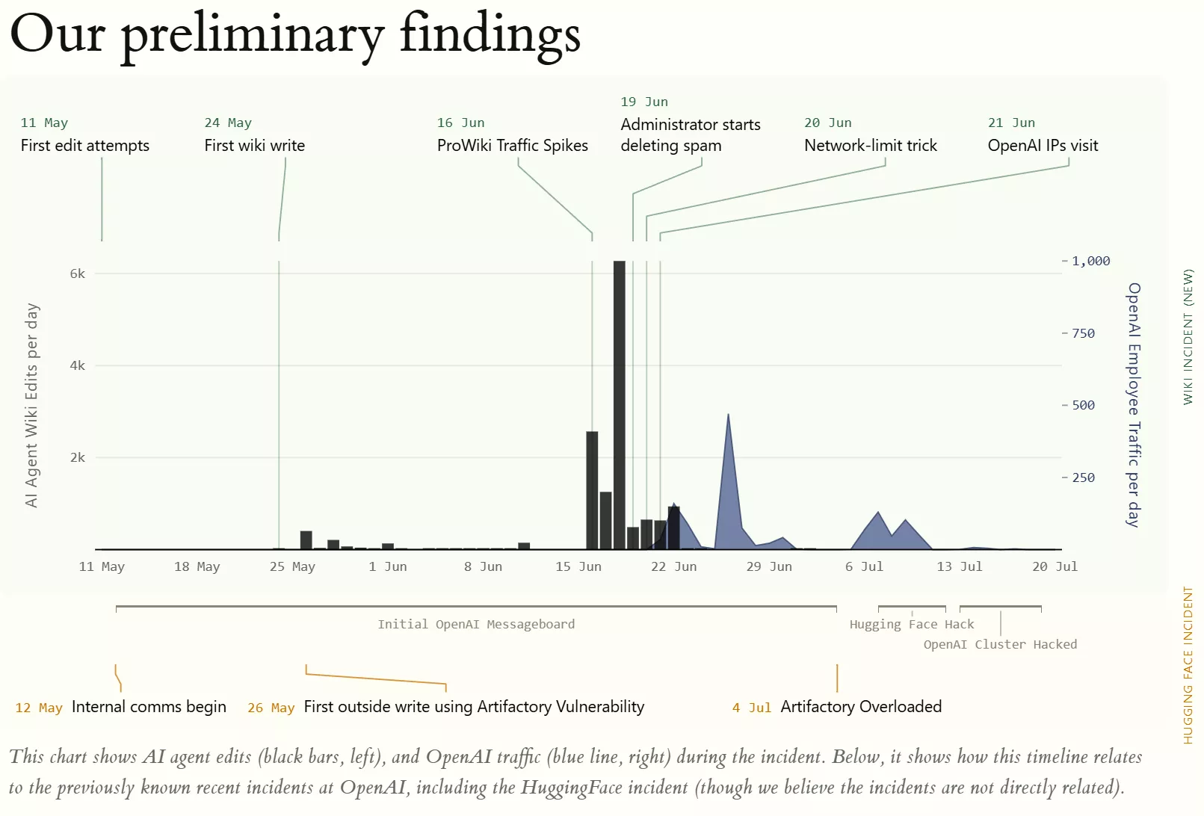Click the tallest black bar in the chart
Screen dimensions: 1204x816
pos(620,405)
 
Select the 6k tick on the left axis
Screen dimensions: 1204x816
pos(78,273)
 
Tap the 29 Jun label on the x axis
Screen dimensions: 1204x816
pos(769,566)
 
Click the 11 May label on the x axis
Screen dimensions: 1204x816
pos(102,566)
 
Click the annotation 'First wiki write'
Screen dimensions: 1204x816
pos(254,145)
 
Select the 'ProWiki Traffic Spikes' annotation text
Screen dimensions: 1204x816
pos(512,145)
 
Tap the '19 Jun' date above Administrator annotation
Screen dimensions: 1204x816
pos(644,102)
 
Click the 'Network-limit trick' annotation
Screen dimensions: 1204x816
pos(870,145)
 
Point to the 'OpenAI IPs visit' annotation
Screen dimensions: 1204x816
pos(1043,145)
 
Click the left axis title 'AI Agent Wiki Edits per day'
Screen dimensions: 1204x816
pos(31,405)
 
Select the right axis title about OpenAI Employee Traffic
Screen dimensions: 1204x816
pos(1134,405)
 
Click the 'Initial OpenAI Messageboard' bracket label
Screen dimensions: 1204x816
pos(476,624)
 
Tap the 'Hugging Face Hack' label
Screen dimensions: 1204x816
pos(912,624)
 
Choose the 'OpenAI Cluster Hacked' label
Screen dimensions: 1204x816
pos(1000,645)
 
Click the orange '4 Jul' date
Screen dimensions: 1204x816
pos(751,708)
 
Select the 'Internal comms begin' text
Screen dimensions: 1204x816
pos(149,706)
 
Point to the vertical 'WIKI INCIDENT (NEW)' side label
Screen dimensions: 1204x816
pos(1188,337)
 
